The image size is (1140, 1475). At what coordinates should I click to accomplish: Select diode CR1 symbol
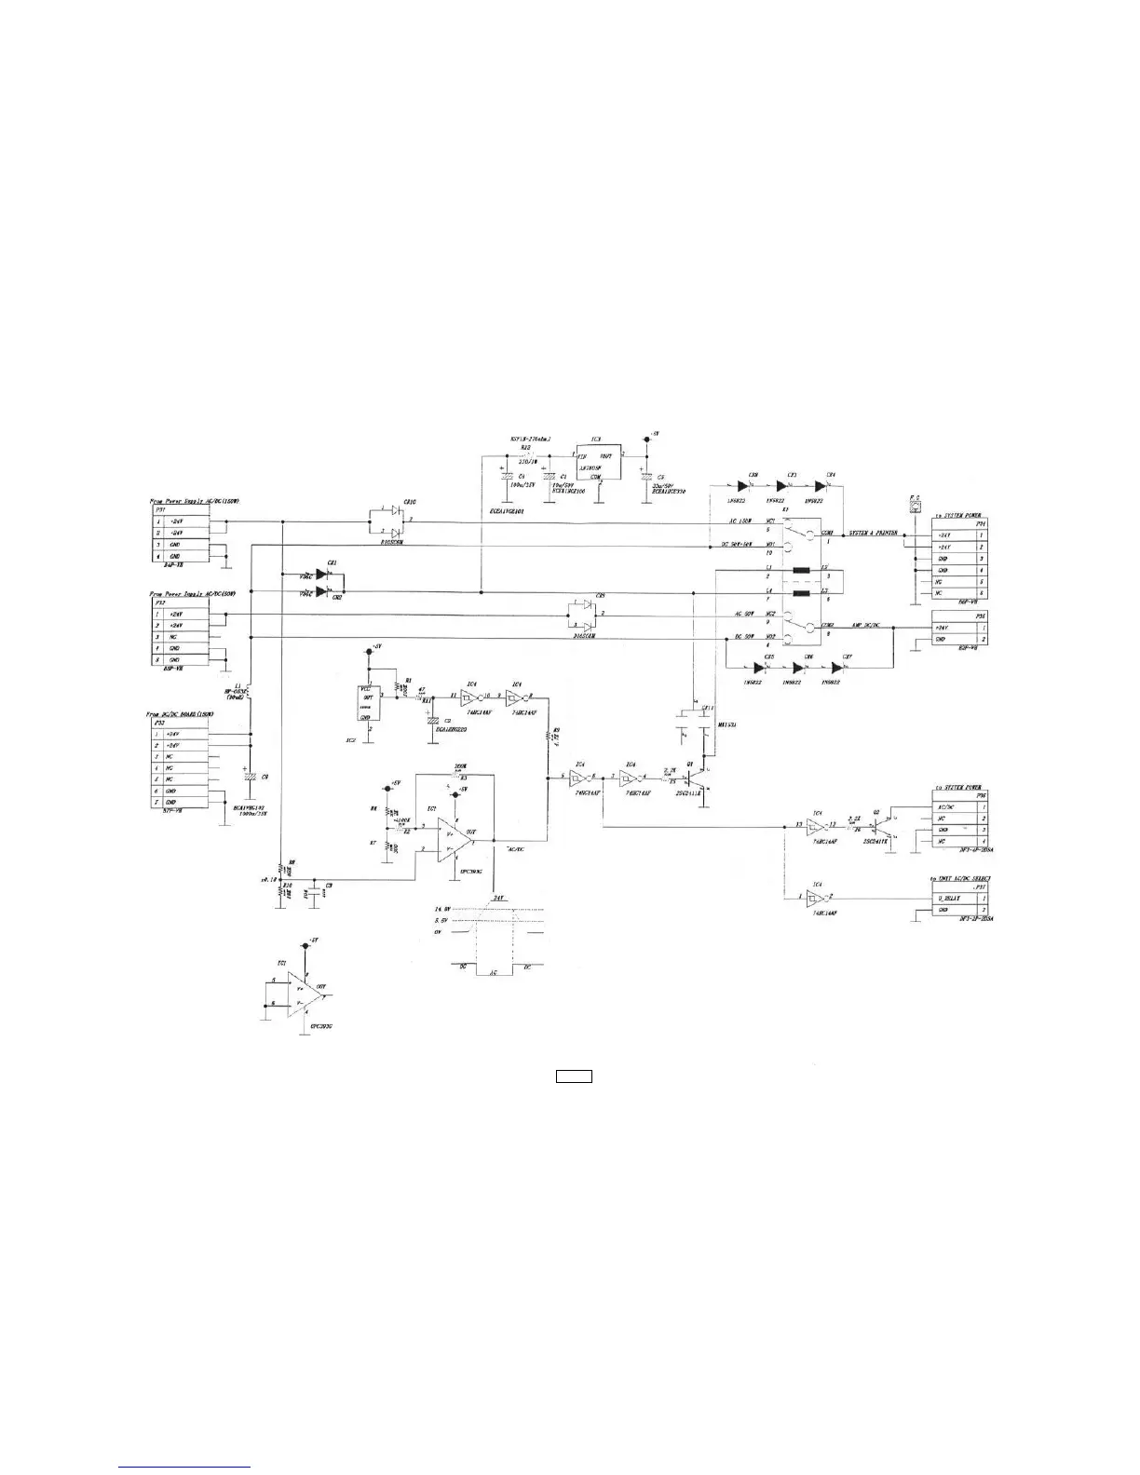click(321, 575)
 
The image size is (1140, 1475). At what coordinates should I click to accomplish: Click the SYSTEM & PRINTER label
click(874, 534)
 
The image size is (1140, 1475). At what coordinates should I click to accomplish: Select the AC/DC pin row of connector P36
click(959, 807)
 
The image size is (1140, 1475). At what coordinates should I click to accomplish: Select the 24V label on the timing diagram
click(498, 898)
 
